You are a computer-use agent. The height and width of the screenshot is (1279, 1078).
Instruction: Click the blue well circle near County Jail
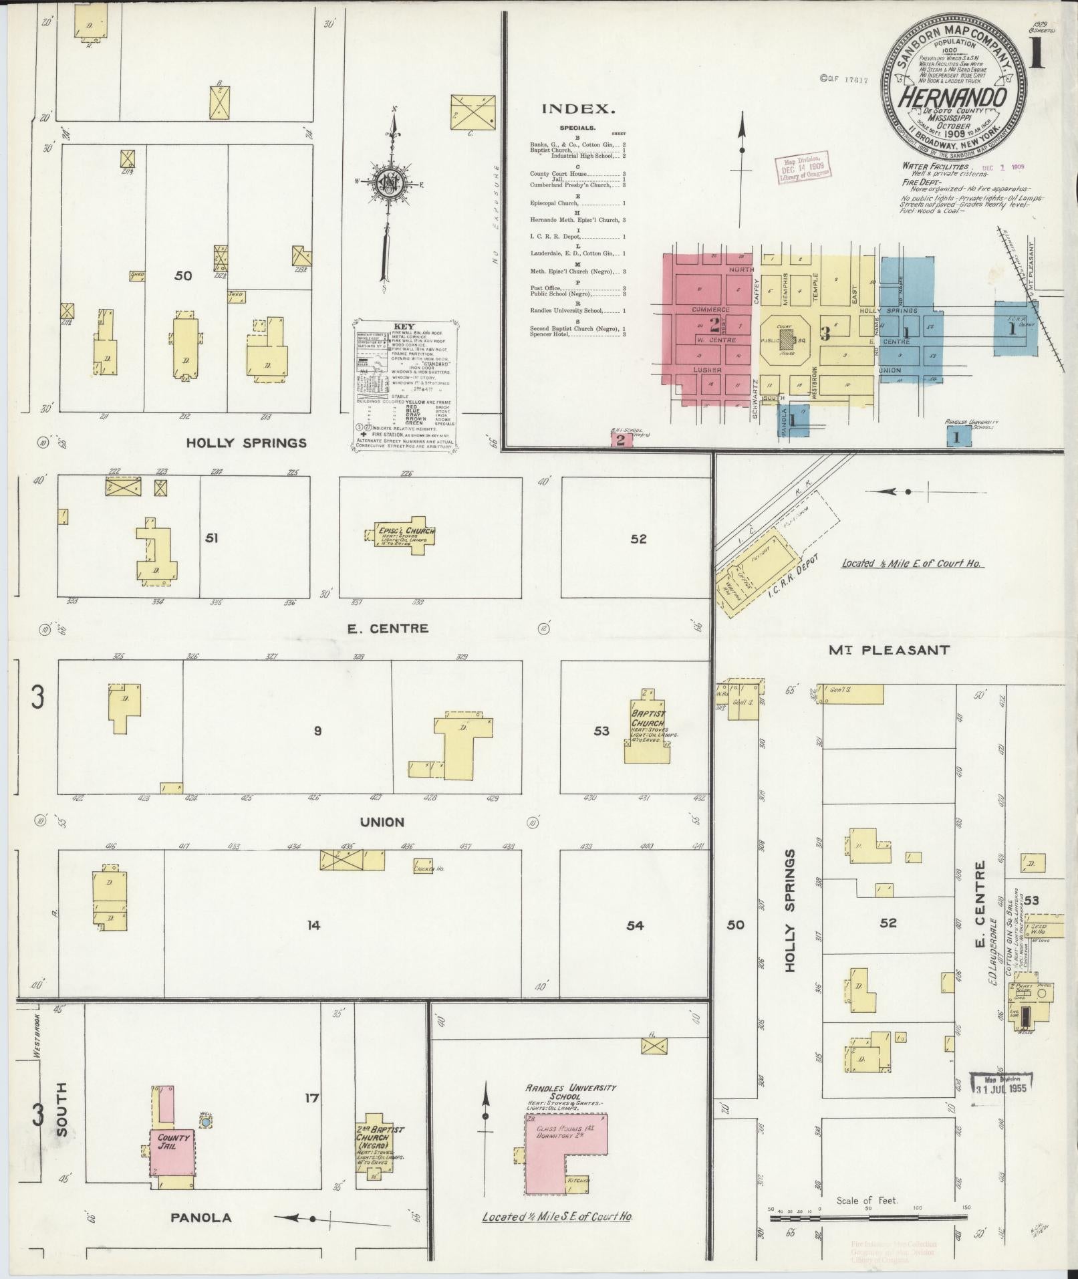point(207,1121)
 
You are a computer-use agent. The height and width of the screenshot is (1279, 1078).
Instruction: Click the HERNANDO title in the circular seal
point(952,97)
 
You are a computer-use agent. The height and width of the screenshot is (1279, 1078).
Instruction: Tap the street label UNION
point(382,822)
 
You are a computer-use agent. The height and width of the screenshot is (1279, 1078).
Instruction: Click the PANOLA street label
point(200,1217)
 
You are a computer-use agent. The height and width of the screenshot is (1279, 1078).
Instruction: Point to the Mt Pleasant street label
point(888,649)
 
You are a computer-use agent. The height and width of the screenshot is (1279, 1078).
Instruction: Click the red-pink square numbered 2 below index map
point(620,439)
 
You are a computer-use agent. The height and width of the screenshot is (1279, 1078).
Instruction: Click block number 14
point(313,925)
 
